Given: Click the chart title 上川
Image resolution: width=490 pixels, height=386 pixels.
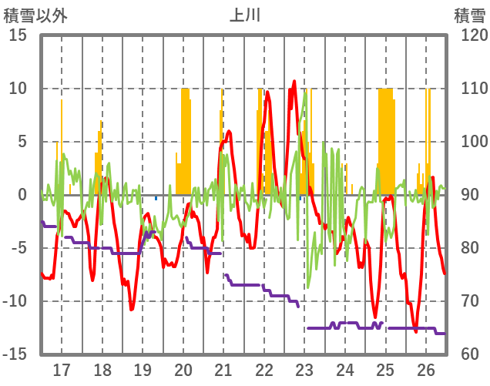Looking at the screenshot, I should (245, 14).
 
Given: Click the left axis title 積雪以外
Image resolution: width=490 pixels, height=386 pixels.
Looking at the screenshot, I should (35, 14).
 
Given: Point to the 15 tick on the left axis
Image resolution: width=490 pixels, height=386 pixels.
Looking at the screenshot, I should (18, 35).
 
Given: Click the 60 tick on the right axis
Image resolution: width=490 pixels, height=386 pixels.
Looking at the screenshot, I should (465, 354).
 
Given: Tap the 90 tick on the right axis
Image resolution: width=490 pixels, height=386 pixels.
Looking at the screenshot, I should (465, 195).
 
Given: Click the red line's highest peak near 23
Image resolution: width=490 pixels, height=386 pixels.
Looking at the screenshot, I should (294, 81).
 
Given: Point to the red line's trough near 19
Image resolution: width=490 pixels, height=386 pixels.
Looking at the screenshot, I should (132, 309).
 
